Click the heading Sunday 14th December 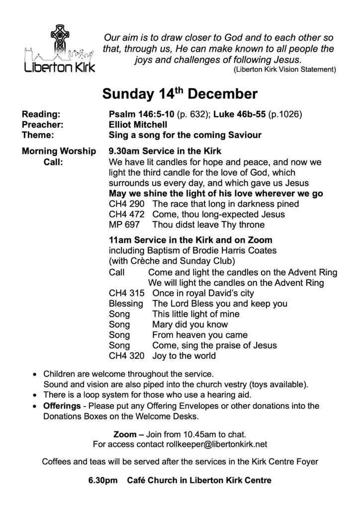(x=180, y=94)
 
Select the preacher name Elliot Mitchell (x=140, y=124)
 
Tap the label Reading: (x=41, y=114)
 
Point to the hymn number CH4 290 (x=126, y=204)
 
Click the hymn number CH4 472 (x=126, y=214)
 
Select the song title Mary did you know (x=183, y=325)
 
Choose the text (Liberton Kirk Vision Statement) (x=285, y=69)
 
